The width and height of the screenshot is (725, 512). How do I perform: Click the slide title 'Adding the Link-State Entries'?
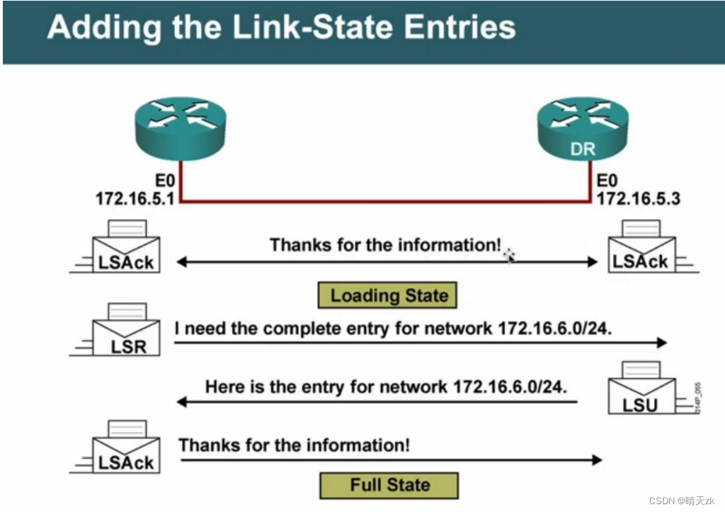coord(281,28)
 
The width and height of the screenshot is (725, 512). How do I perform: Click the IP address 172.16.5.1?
coord(135,199)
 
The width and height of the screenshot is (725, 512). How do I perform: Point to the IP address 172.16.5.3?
coord(638,199)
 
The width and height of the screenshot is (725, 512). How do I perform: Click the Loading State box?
coord(389,295)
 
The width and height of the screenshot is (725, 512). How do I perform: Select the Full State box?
coord(389,485)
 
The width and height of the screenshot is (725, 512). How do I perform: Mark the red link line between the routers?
coord(386,202)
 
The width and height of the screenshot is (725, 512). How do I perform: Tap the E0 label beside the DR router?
coord(607,182)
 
